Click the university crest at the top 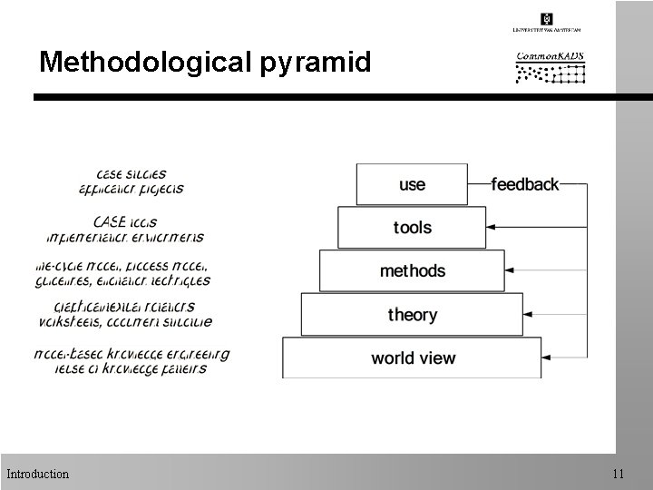(547, 19)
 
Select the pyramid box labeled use (412, 184)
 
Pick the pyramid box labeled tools (413, 227)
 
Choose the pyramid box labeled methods (413, 270)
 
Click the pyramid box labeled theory (413, 314)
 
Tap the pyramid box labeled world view (413, 358)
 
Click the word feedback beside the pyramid (524, 184)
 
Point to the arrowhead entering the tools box (492, 227)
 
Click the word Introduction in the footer (37, 474)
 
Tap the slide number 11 (619, 474)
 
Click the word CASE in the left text (109, 220)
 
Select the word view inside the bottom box (438, 358)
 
